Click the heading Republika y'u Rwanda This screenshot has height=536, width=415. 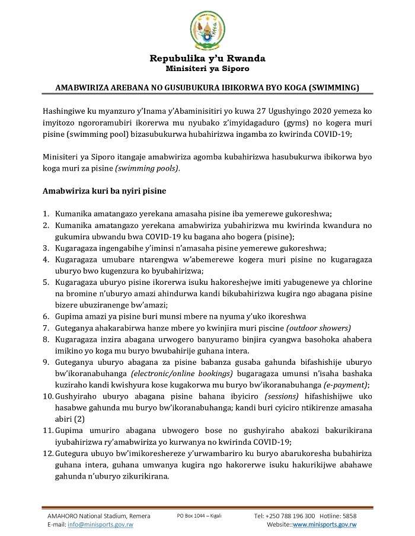coord(207,59)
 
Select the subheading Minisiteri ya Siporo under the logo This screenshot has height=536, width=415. coord(207,69)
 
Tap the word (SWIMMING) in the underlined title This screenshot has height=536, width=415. coord(336,88)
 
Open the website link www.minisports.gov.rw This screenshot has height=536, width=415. coord(324,525)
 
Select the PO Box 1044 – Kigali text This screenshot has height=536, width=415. coord(199,516)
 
